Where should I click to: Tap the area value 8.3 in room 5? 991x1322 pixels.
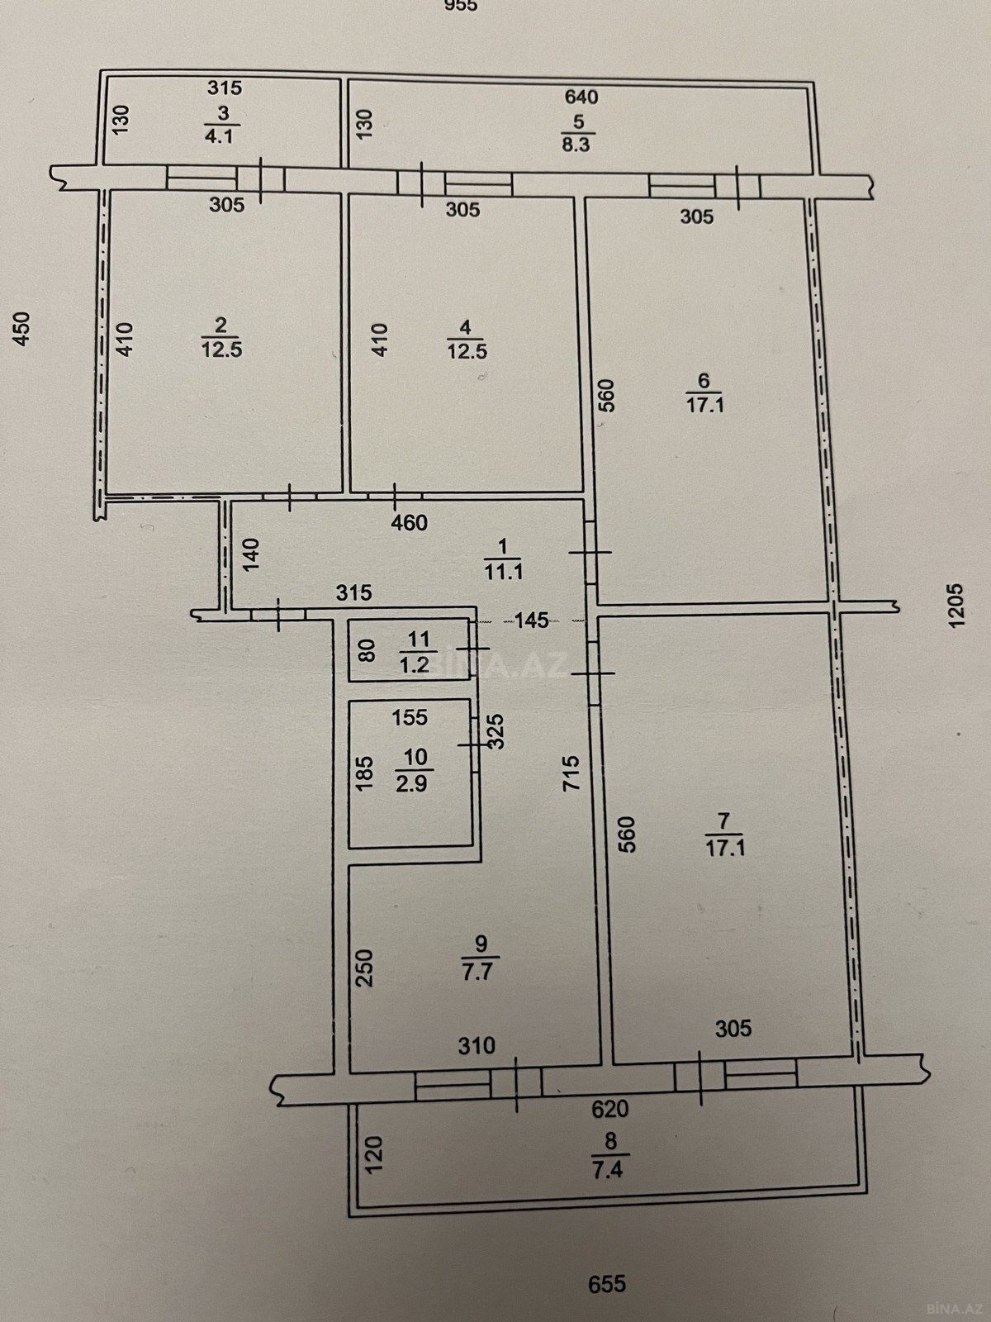tap(576, 145)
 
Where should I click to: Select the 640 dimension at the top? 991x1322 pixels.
tap(581, 97)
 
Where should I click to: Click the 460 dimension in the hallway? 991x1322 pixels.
tap(409, 523)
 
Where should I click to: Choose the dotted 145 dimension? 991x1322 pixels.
tap(532, 620)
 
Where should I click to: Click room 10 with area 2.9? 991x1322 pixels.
tap(410, 773)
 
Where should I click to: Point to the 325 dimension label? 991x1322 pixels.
tap(496, 731)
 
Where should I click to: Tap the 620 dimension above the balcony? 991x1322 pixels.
tap(610, 1109)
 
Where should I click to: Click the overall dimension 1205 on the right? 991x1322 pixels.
tap(955, 606)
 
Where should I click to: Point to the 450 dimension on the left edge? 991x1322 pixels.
tap(21, 328)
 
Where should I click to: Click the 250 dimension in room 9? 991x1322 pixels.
tap(365, 968)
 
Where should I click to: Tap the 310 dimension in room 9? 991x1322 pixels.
tap(477, 1046)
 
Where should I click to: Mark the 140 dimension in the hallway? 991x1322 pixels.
tap(250, 554)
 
